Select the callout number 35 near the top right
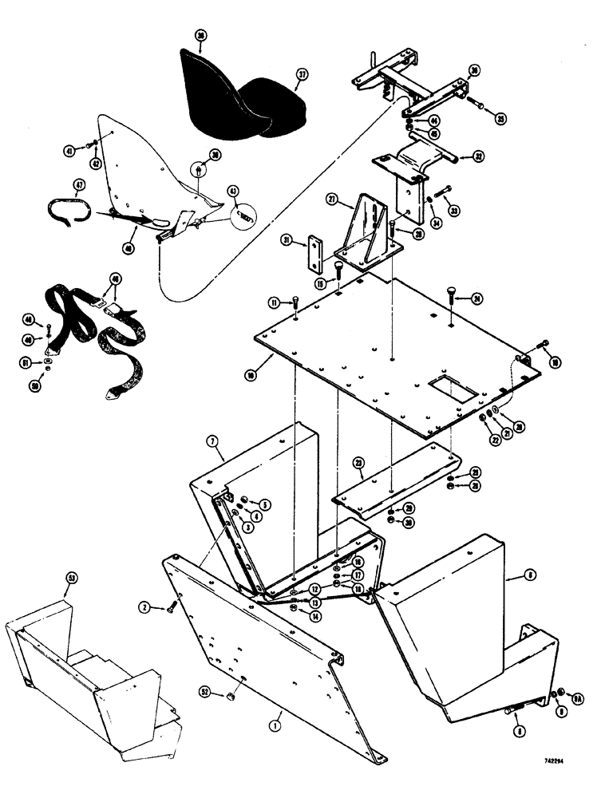coord(500,119)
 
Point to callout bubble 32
coord(478,156)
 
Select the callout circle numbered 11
coord(274,302)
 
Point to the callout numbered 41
coord(70,149)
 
